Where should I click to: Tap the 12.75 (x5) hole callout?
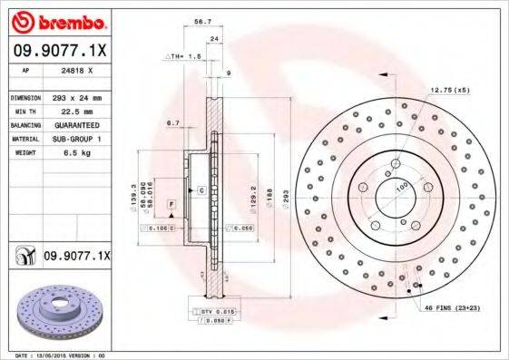tap(450, 89)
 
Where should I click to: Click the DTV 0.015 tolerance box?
tap(210, 311)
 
